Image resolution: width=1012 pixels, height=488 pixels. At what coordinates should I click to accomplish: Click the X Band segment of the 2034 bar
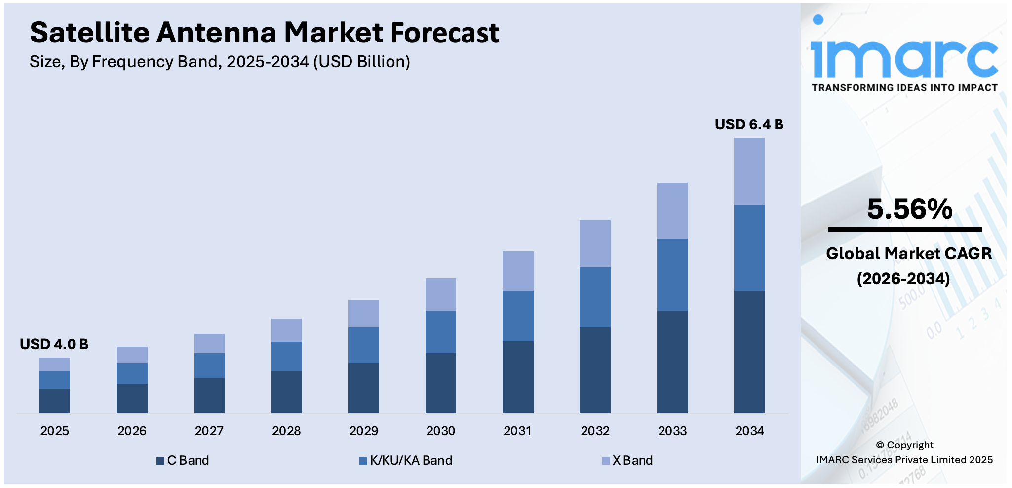(x=749, y=171)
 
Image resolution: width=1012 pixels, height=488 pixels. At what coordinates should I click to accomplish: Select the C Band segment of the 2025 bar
(x=54, y=401)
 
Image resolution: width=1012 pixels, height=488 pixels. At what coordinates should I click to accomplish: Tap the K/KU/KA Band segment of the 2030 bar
(x=440, y=331)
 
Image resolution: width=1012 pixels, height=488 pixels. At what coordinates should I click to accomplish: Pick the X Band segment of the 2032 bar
(x=594, y=244)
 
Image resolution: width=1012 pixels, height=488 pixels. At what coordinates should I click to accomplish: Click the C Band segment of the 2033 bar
(x=672, y=362)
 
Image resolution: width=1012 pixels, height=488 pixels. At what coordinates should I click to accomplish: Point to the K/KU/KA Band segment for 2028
(x=286, y=356)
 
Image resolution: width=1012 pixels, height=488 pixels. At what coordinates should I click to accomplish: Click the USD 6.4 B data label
(x=748, y=124)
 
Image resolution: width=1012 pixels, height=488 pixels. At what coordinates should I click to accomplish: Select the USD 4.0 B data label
(x=54, y=344)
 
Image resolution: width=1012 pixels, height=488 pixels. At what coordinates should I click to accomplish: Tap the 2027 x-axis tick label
(x=209, y=431)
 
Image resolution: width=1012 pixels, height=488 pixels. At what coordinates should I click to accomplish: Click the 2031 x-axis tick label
(x=517, y=431)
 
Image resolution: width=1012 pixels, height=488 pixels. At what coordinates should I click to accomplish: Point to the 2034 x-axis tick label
(x=749, y=431)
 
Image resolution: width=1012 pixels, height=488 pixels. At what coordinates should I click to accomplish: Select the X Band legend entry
(x=627, y=460)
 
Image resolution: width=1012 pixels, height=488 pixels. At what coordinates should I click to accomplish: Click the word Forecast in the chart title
(x=444, y=33)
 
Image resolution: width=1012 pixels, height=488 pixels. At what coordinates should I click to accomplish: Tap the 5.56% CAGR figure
(x=909, y=209)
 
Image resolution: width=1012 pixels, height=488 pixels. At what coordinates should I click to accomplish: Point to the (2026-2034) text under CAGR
(x=903, y=279)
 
